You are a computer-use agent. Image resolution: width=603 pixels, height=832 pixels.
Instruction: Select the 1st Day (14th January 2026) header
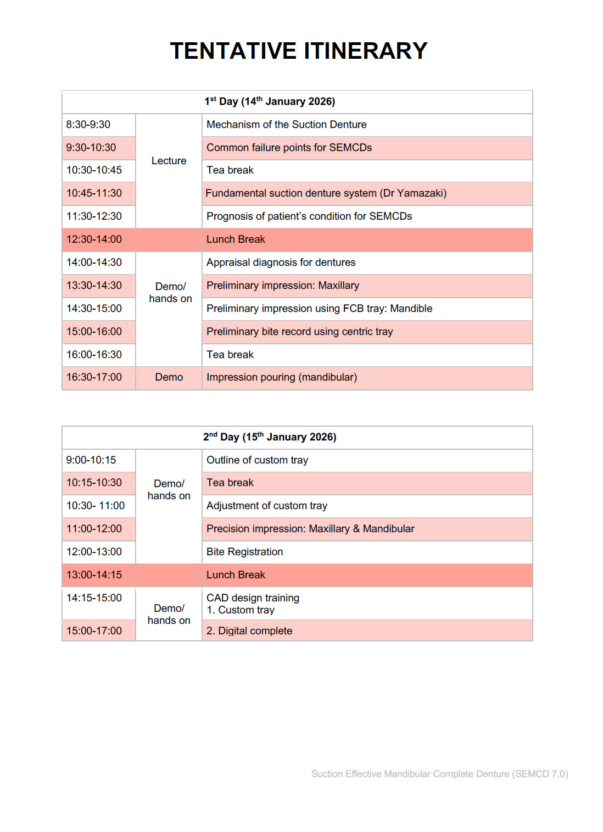click(270, 102)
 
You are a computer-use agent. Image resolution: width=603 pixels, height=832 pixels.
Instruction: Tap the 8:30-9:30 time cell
click(88, 125)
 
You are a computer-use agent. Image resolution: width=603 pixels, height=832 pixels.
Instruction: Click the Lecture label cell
click(169, 161)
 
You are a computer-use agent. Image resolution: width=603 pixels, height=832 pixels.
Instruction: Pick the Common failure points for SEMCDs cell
click(289, 148)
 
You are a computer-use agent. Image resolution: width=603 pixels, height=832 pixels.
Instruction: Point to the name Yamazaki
click(420, 193)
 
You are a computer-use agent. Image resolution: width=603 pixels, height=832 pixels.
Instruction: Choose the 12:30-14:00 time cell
click(94, 239)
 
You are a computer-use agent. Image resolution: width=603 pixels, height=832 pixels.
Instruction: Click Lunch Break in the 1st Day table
click(236, 239)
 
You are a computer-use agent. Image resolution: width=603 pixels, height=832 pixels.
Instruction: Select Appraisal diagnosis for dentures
click(281, 263)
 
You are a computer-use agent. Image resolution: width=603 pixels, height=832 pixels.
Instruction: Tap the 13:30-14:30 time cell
click(94, 286)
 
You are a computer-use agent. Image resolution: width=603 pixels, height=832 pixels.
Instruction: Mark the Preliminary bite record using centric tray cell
click(299, 332)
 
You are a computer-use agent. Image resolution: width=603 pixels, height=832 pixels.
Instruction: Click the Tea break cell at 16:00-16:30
click(230, 355)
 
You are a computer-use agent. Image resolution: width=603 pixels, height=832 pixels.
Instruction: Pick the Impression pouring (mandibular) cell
click(281, 377)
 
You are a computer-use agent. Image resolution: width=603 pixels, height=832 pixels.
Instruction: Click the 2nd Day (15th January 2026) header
click(270, 437)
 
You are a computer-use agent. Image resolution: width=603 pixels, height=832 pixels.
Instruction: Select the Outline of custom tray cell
click(257, 460)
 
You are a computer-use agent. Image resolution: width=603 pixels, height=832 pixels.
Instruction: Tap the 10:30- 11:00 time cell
click(96, 506)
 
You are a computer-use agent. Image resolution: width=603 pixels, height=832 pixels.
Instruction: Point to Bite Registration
click(244, 552)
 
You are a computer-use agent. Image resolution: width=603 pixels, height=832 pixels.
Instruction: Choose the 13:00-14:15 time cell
click(94, 575)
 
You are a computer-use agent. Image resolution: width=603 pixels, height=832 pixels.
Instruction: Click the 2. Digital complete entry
click(249, 631)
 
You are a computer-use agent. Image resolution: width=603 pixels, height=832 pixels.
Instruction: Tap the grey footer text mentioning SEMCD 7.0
click(439, 774)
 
